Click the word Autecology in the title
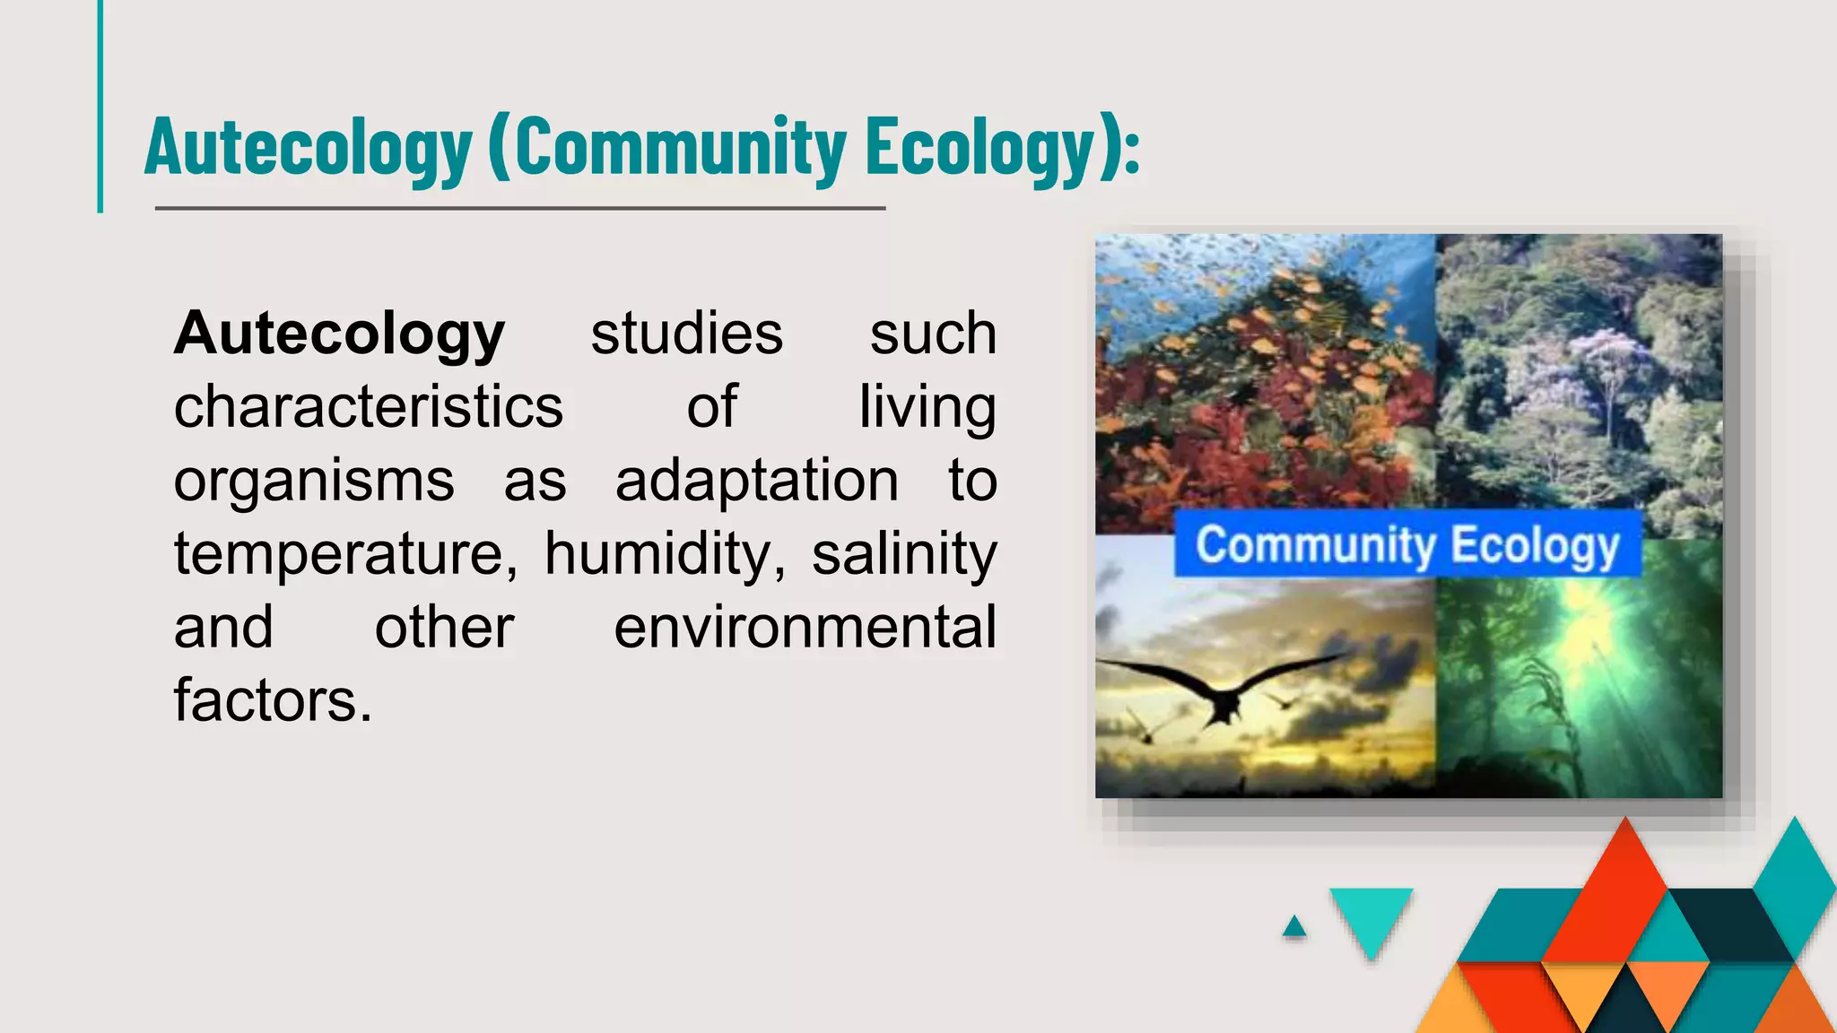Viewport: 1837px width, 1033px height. click(308, 148)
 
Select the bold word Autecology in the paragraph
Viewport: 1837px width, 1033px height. click(339, 334)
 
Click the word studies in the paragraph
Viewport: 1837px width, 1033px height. click(686, 334)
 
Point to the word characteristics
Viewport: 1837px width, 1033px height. click(368, 408)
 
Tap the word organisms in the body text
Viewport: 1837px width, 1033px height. click(314, 482)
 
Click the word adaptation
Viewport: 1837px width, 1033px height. click(756, 482)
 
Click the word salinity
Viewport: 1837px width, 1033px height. click(904, 555)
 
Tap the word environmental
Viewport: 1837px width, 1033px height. click(805, 628)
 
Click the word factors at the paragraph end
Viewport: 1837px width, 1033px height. click(272, 700)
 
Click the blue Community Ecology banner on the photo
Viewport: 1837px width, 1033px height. click(1407, 544)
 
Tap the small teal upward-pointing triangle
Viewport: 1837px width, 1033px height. click(1293, 927)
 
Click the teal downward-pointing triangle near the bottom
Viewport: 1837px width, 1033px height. click(1371, 916)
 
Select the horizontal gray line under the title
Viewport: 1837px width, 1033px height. click(520, 208)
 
